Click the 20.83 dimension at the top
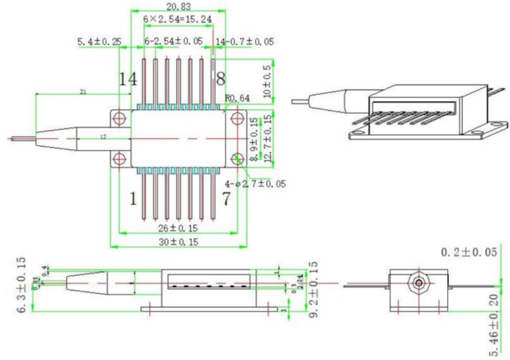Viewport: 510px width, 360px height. tap(179, 7)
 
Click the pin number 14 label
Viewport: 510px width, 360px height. tap(126, 78)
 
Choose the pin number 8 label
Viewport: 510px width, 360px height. tap(221, 78)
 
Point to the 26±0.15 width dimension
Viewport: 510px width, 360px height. tap(178, 228)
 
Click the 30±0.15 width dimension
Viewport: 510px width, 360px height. tap(178, 241)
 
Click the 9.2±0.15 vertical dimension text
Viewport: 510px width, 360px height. tap(313, 289)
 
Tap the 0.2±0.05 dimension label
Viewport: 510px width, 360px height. tap(468, 253)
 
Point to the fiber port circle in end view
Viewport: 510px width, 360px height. tap(419, 283)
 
